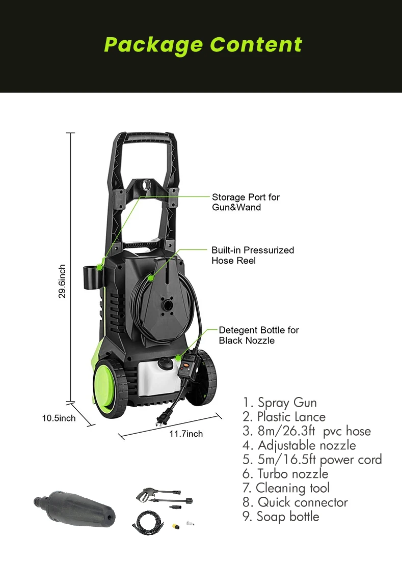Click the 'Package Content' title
coord(203,45)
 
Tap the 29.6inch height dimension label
coord(62,281)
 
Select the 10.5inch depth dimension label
coord(59,418)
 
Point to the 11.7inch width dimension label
coord(186,434)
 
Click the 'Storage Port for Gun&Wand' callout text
coord(246,202)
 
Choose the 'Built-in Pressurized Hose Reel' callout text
coord(253,255)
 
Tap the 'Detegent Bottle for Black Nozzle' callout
coord(259,335)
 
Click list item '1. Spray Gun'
coord(280,403)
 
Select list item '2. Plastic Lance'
coord(284,417)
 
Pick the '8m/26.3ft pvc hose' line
coord(307,432)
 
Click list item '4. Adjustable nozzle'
coord(299,445)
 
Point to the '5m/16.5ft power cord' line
coord(312,460)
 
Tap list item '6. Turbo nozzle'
coord(285,474)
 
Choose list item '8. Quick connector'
coord(295,502)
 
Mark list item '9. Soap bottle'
coord(281,517)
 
